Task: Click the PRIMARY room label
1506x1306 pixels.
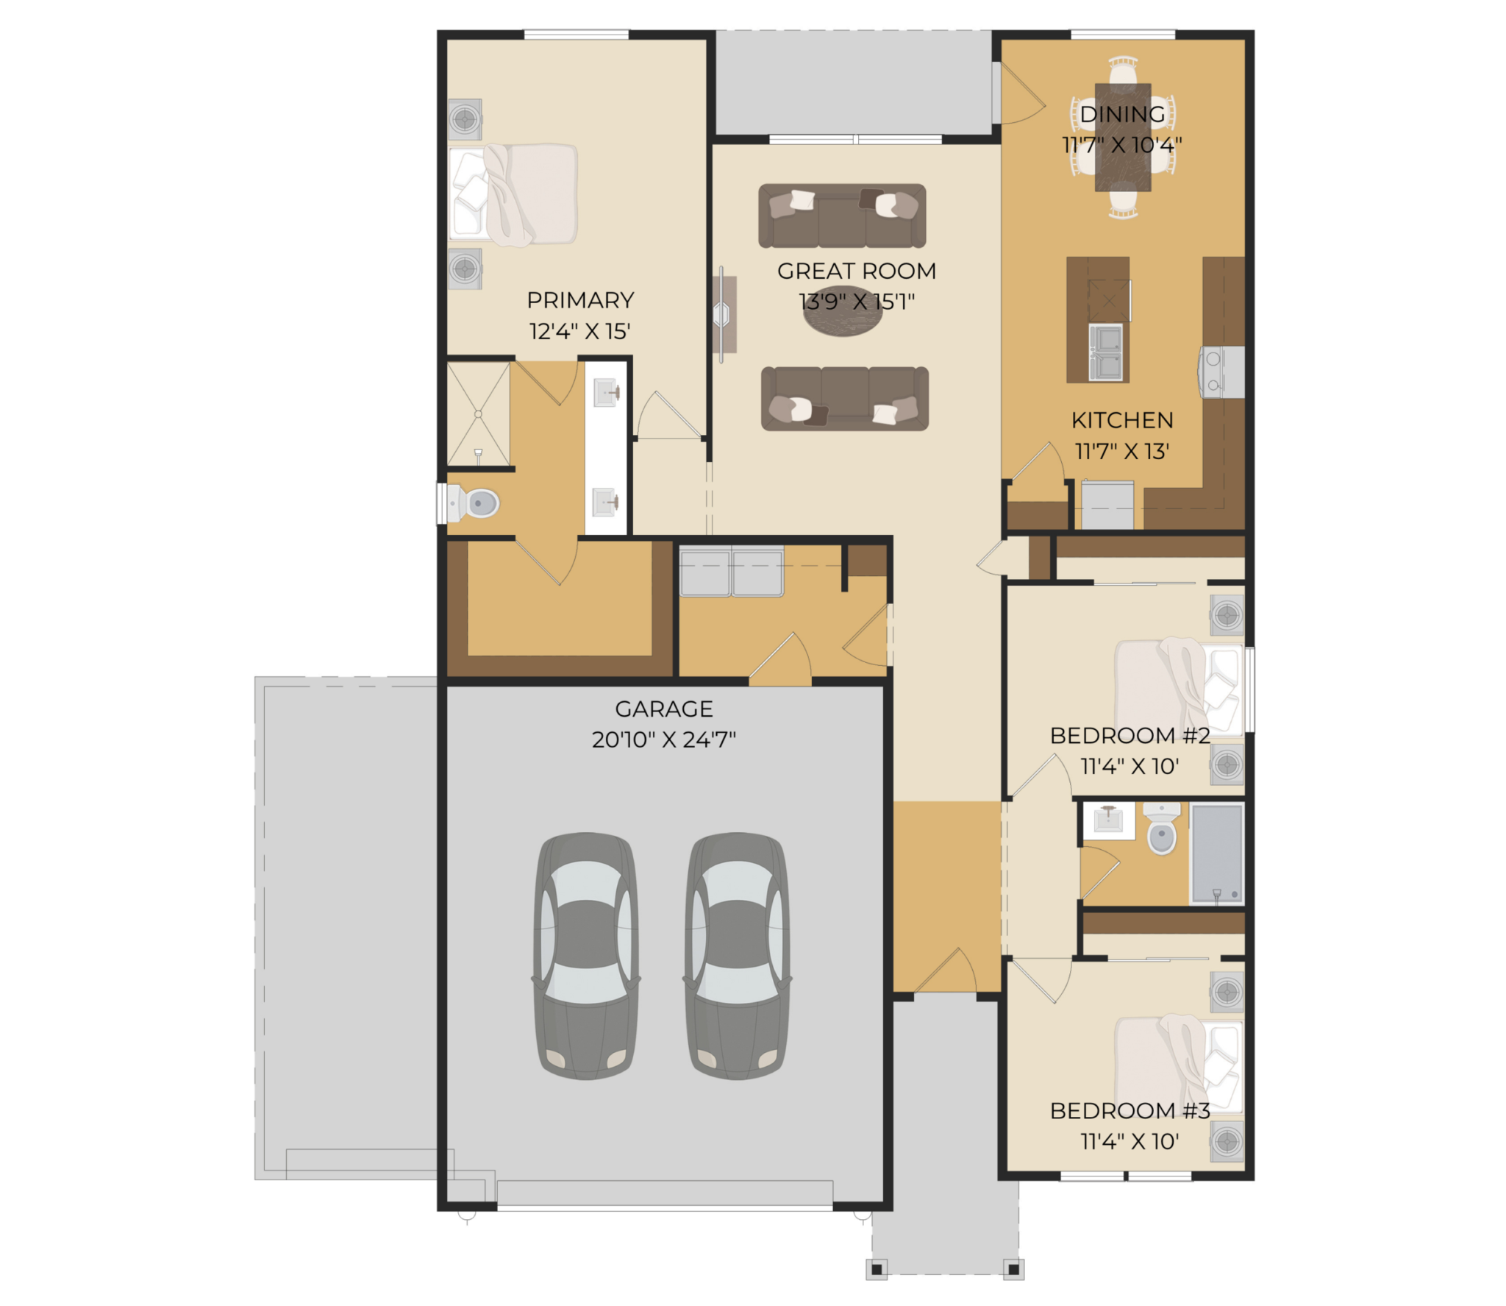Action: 580,300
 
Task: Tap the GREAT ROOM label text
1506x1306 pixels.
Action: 857,271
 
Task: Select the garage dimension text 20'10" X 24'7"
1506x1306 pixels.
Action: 664,739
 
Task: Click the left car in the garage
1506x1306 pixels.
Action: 586,956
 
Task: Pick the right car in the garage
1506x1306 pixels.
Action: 738,956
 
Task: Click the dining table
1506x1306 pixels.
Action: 1123,138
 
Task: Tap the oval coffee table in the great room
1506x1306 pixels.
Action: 843,311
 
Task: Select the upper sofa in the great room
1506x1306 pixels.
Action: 842,216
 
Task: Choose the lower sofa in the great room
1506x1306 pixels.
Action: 845,399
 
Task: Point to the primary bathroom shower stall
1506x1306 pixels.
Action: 479,414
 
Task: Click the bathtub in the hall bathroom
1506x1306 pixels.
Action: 1217,853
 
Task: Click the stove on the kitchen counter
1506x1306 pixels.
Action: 1221,372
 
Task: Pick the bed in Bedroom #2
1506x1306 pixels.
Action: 1179,689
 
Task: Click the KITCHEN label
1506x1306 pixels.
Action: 1122,420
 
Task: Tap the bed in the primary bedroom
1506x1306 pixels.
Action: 513,195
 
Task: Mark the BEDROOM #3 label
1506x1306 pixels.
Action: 1129,1110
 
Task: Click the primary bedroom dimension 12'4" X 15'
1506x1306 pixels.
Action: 580,331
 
